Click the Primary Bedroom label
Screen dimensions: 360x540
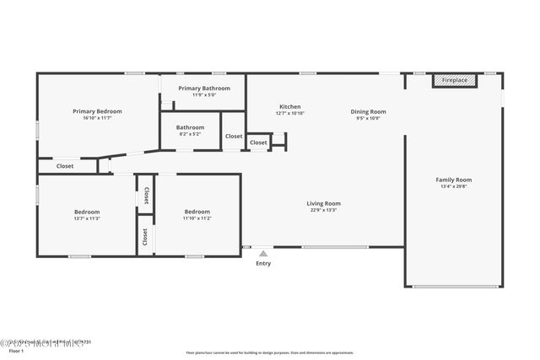(x=97, y=111)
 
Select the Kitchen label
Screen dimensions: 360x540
(x=290, y=106)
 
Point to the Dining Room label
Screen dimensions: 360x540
(x=369, y=111)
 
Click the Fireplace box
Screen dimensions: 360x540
(x=455, y=80)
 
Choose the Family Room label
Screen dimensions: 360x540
(x=453, y=180)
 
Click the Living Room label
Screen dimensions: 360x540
(x=323, y=203)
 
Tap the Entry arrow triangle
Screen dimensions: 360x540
(x=263, y=253)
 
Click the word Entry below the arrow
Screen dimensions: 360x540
(x=263, y=264)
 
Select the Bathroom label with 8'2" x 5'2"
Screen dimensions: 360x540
(x=190, y=127)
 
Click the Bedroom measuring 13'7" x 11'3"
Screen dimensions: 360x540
(x=87, y=212)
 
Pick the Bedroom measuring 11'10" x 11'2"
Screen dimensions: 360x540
(x=197, y=212)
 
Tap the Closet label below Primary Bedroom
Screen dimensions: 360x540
(x=65, y=166)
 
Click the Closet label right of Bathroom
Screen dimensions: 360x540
(x=234, y=136)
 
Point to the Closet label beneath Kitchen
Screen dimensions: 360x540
(x=258, y=142)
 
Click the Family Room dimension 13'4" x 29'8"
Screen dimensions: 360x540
(x=453, y=186)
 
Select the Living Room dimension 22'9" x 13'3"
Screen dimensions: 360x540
(x=323, y=210)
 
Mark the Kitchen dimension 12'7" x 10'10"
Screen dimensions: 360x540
(x=290, y=113)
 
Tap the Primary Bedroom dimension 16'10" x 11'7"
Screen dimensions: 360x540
(x=97, y=118)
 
